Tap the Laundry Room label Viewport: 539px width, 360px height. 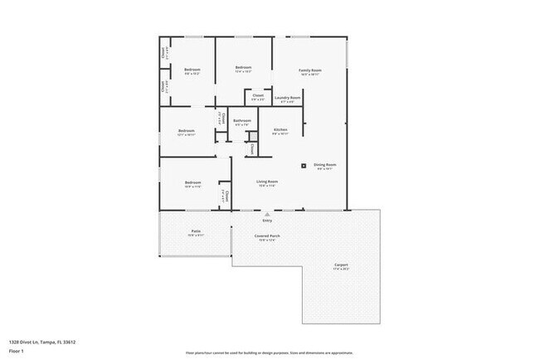tap(288, 98)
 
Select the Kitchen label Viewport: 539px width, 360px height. tap(280, 130)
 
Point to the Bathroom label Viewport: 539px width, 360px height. tap(242, 120)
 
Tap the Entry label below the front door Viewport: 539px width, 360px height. tap(267, 221)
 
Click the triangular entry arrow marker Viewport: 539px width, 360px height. tap(267, 213)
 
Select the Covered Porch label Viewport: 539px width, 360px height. tap(267, 236)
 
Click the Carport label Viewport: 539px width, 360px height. tap(341, 265)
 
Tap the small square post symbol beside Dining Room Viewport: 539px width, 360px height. tap(303, 164)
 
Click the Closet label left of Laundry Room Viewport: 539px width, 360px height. tap(258, 95)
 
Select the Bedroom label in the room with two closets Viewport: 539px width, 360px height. tap(192, 70)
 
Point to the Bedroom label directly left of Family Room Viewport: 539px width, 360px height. tap(243, 67)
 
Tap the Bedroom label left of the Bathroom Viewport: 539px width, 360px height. tap(186, 130)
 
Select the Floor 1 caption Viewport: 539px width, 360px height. tap(16, 351)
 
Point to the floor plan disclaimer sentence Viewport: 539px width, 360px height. tap(269, 352)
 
